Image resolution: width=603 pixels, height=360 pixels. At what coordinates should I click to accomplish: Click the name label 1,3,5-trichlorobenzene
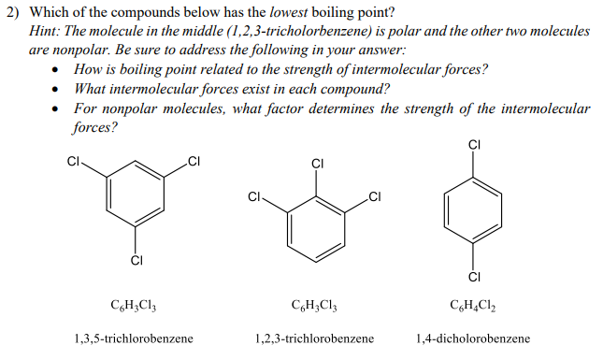tap(133, 338)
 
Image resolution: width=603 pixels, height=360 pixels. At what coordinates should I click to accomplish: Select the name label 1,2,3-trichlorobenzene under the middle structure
tap(314, 338)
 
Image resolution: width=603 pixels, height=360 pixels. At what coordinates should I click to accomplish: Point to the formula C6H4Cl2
tap(473, 305)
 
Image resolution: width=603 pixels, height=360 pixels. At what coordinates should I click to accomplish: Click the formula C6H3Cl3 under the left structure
tap(133, 305)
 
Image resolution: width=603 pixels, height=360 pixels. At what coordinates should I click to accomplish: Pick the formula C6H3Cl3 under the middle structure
tap(314, 305)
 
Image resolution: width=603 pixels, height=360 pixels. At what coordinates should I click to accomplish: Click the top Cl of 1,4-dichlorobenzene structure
tap(473, 144)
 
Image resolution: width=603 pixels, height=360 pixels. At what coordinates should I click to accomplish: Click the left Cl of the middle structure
tap(254, 196)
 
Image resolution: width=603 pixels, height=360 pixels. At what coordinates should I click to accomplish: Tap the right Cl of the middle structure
tap(375, 196)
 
